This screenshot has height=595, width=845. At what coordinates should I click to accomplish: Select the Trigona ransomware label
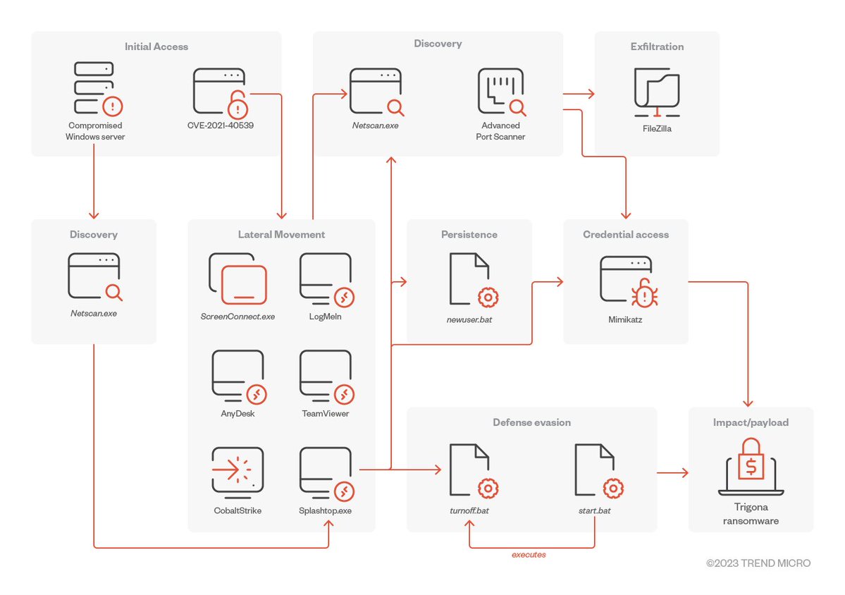click(751, 515)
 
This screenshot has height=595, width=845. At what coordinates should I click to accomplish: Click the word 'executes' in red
click(529, 555)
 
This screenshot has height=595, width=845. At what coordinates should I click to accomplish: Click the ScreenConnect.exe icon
click(238, 278)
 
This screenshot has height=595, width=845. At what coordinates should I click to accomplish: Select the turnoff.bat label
click(469, 510)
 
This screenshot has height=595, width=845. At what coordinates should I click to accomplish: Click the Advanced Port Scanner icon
click(500, 92)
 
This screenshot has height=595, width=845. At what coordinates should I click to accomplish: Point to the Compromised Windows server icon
click(95, 90)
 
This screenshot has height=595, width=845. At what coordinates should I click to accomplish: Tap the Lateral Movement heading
click(281, 234)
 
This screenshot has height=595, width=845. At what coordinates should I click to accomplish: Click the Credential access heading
click(626, 234)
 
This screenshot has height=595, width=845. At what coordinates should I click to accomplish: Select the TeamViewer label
click(325, 414)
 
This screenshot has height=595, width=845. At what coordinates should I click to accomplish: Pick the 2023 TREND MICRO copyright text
click(758, 563)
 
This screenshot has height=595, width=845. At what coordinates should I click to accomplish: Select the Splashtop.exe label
click(325, 510)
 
